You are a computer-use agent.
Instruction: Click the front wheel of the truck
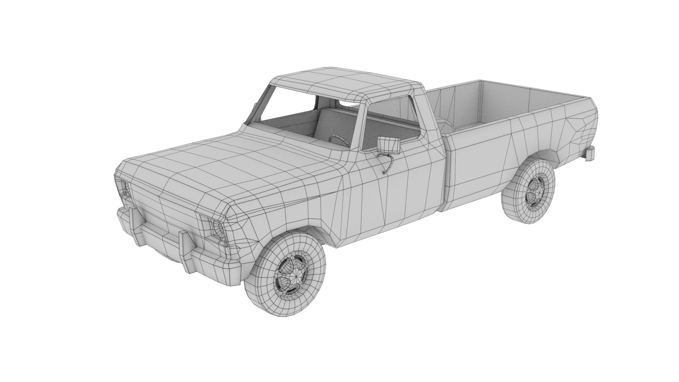[x=285, y=271]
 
